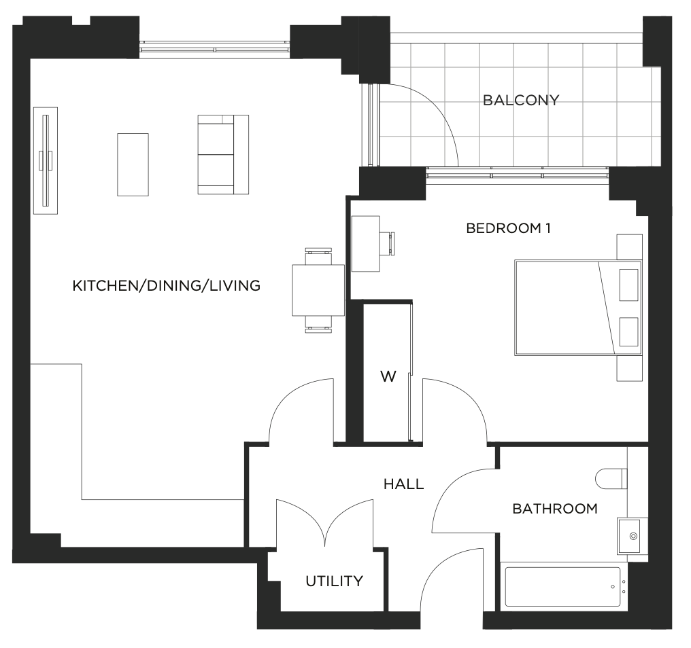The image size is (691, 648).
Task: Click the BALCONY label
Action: point(521,101)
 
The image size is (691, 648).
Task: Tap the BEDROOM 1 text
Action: point(508,228)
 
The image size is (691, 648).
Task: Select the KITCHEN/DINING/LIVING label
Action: point(166,286)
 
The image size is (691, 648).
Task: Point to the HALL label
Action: point(404,484)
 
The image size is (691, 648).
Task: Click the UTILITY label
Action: point(334,581)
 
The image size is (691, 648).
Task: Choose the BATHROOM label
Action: point(555,509)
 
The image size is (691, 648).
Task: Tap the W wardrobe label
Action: point(388,376)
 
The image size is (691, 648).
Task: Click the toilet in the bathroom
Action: point(611,478)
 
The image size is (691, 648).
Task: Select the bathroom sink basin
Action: point(629,536)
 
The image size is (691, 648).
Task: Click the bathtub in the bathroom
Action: point(564,587)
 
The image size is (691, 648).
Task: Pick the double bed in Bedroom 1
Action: point(578,308)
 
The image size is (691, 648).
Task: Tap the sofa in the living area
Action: point(223,154)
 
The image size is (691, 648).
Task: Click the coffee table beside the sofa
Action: point(133,164)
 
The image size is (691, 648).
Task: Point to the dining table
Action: point(318,290)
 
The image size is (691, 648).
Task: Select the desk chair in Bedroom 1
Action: point(388,243)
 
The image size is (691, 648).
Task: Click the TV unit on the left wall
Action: point(46,161)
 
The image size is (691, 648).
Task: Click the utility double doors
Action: point(325,523)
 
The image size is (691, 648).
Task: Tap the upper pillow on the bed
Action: point(629,285)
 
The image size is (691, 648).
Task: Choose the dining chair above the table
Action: point(318,256)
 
